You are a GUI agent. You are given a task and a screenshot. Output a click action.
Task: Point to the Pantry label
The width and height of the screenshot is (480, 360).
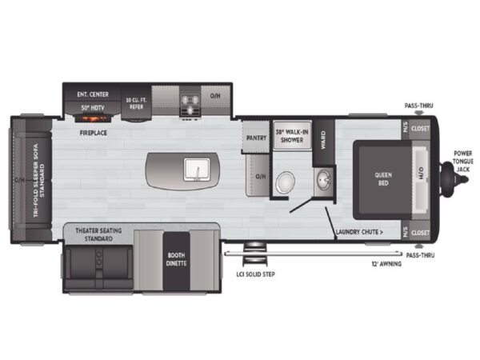pyautogui.click(x=256, y=138)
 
